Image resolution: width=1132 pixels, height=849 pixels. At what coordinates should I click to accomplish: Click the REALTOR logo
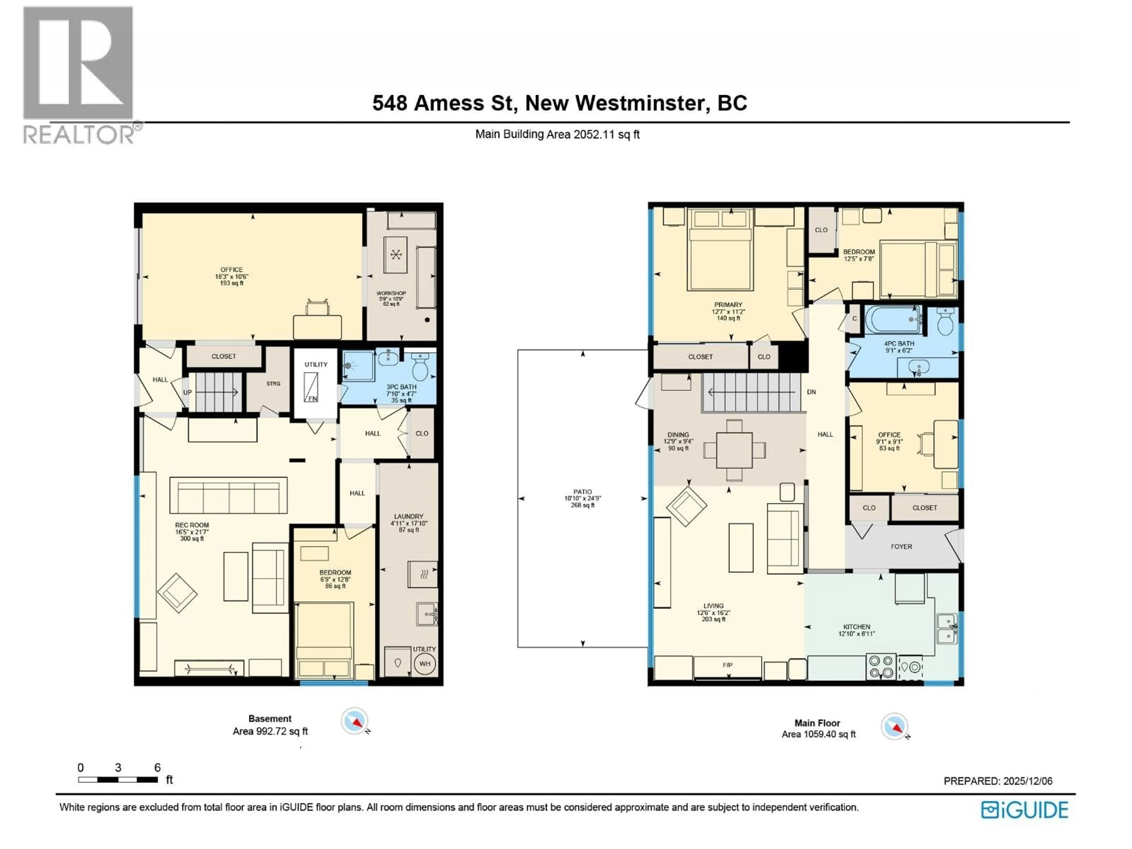coord(79,74)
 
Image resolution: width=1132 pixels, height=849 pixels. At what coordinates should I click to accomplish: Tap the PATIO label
coord(583,492)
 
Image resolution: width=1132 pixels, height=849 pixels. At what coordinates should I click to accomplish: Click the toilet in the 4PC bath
coord(945,323)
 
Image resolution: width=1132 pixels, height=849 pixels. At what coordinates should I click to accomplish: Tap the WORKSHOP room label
coord(391,293)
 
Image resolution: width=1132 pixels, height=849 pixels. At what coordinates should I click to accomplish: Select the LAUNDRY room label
coord(408,516)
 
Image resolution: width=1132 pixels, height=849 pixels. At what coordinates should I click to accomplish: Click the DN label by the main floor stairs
coord(811,392)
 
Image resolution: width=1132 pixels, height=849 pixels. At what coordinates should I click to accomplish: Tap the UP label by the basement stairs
coord(187,393)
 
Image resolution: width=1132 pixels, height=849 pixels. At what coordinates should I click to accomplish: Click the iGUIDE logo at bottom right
coord(1024,810)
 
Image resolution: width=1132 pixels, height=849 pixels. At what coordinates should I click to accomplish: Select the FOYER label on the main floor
coord(901,547)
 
